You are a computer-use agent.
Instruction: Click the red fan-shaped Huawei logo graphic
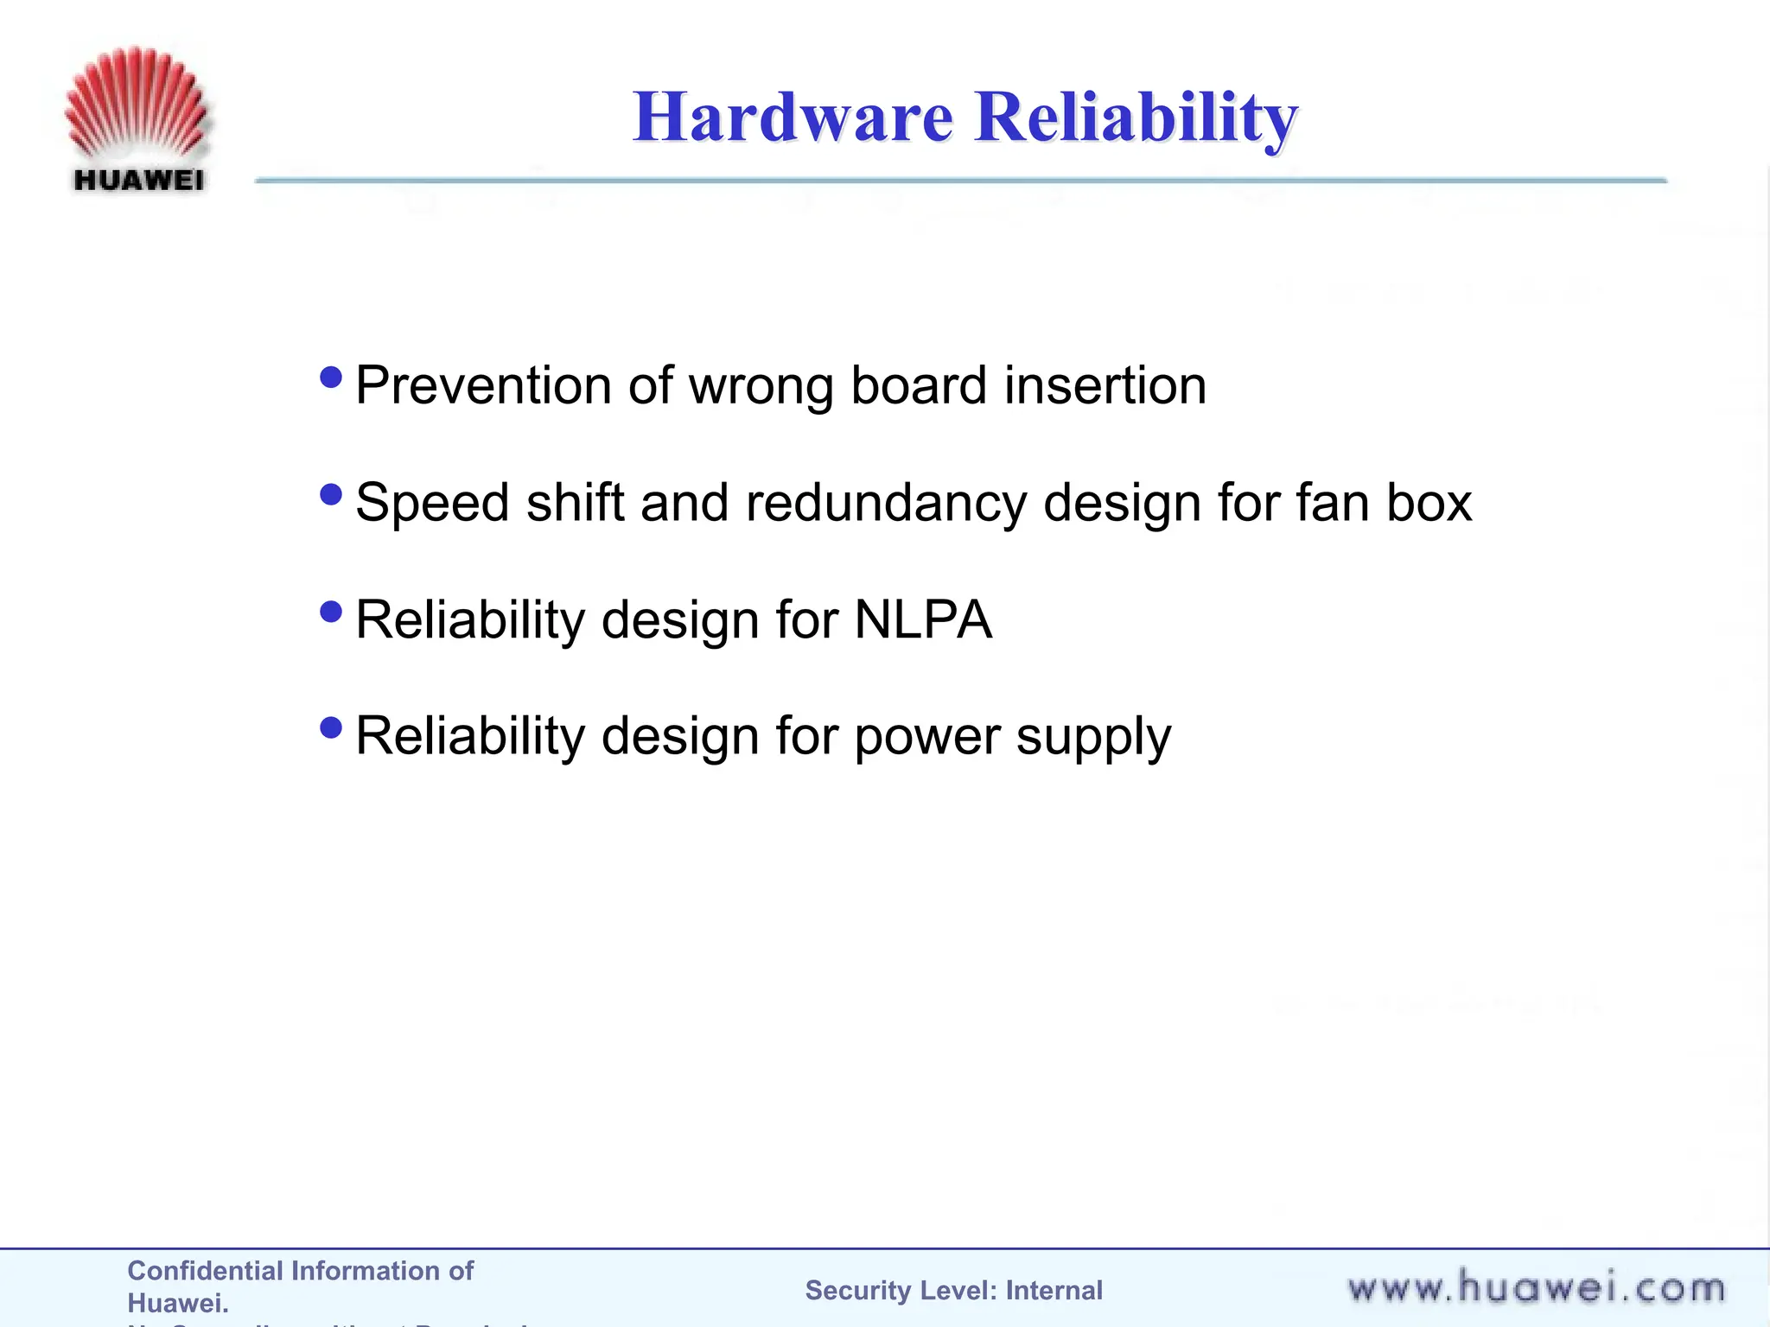(137, 102)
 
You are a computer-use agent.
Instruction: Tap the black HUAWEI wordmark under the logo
(139, 180)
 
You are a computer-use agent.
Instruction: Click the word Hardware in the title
(793, 117)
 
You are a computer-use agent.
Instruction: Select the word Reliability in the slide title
(1136, 117)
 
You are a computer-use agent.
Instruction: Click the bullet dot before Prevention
(330, 378)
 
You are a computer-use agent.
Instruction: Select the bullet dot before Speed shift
(330, 495)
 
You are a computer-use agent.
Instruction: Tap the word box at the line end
(1429, 503)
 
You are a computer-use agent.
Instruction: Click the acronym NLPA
(923, 620)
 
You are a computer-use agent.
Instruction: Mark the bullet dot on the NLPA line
(330, 613)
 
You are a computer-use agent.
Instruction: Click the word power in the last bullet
(926, 738)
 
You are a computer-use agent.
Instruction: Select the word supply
(1093, 738)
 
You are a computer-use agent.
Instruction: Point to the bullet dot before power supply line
(330, 728)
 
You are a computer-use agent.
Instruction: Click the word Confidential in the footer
(204, 1271)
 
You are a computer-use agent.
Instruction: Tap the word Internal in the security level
(1054, 1291)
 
